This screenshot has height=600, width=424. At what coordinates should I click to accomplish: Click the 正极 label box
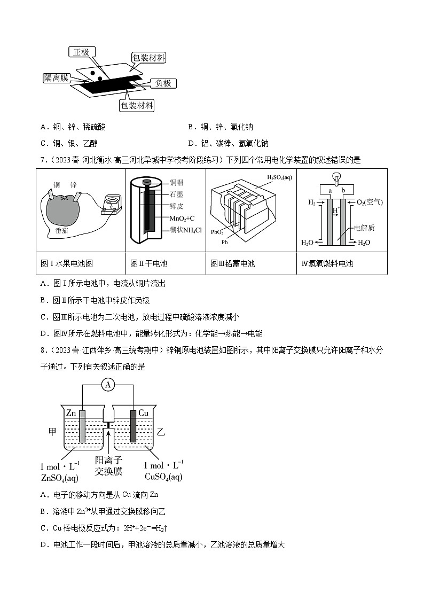(82, 52)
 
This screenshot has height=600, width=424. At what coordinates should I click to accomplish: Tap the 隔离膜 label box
(56, 78)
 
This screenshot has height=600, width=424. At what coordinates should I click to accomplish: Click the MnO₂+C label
(182, 219)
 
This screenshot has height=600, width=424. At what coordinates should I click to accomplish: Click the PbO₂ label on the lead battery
(217, 232)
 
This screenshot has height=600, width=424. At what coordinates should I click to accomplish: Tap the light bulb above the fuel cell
(336, 177)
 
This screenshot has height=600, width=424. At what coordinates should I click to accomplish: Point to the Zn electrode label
(71, 413)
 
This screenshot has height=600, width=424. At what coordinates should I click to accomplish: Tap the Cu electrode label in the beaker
(143, 413)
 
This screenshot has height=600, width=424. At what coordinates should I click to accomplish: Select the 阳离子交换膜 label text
(108, 465)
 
